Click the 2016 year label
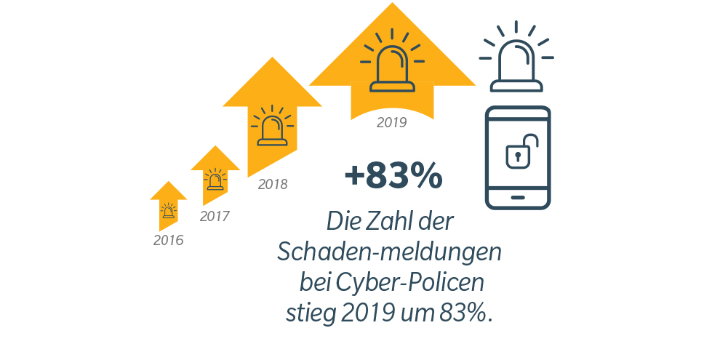pyautogui.click(x=168, y=241)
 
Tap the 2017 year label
pyautogui.click(x=215, y=216)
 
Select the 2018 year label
pyautogui.click(x=273, y=185)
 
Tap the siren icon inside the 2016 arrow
pyautogui.click(x=169, y=211)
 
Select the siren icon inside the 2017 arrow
pyautogui.click(x=215, y=179)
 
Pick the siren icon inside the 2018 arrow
pyautogui.click(x=272, y=127)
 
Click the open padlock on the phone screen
pyautogui.click(x=518, y=151)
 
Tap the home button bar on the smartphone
pyautogui.click(x=518, y=196)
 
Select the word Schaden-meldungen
pyautogui.click(x=390, y=252)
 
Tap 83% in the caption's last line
pyautogui.click(x=466, y=313)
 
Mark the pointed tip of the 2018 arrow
pyautogui.click(x=272, y=58)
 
